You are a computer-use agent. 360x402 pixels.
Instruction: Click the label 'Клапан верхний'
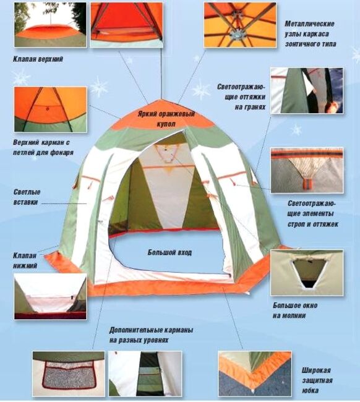pyautogui.click(x=38, y=59)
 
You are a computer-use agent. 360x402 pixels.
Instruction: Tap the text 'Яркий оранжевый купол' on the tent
pyautogui.click(x=166, y=119)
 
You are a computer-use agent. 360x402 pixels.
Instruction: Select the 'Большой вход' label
pyautogui.click(x=169, y=252)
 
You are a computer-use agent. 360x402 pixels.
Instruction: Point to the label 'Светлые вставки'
pyautogui.click(x=27, y=197)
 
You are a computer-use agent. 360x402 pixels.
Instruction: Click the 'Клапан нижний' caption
pyautogui.click(x=25, y=260)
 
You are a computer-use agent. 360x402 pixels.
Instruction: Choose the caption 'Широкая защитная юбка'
pyautogui.click(x=317, y=380)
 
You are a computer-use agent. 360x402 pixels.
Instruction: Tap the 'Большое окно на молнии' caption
pyautogui.click(x=295, y=310)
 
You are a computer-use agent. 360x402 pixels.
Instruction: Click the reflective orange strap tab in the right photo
pyautogui.click(x=307, y=184)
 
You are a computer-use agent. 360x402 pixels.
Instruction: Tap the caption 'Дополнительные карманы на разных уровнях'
pyautogui.click(x=151, y=335)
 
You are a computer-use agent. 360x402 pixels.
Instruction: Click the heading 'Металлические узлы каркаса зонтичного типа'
pyautogui.click(x=311, y=34)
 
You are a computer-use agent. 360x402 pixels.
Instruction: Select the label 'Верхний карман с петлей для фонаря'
pyautogui.click(x=43, y=147)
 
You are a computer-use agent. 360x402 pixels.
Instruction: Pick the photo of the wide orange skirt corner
pyautogui.click(x=255, y=374)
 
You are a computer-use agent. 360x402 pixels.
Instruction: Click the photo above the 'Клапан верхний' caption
pyautogui.click(x=50, y=25)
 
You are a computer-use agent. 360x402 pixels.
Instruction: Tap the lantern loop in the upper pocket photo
pyautogui.click(x=47, y=109)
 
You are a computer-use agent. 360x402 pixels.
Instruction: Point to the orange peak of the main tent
pyautogui.click(x=161, y=100)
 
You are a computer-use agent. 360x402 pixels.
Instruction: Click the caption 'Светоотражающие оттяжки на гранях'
pyautogui.click(x=241, y=97)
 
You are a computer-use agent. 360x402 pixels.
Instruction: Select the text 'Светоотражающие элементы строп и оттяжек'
pyautogui.click(x=313, y=213)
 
